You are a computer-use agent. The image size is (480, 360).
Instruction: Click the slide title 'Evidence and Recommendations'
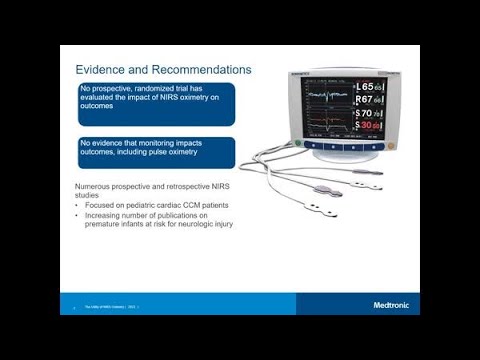[x=164, y=69]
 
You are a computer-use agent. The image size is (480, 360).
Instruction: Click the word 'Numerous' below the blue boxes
[x=97, y=188]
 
